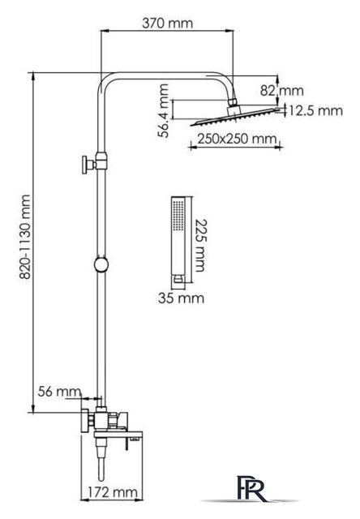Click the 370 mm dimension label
click(167, 24)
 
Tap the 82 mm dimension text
click(281, 90)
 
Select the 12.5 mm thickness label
click(316, 110)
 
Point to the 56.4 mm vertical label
click(163, 110)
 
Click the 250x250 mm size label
click(237, 139)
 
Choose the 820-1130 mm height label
click(25, 237)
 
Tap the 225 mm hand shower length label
click(199, 245)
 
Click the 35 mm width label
click(181, 298)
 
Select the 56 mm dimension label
click(59, 392)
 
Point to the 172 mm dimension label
click(113, 492)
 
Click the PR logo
click(251, 487)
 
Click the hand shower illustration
click(179, 240)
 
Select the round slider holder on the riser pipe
click(101, 264)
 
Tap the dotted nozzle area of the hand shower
click(178, 215)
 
